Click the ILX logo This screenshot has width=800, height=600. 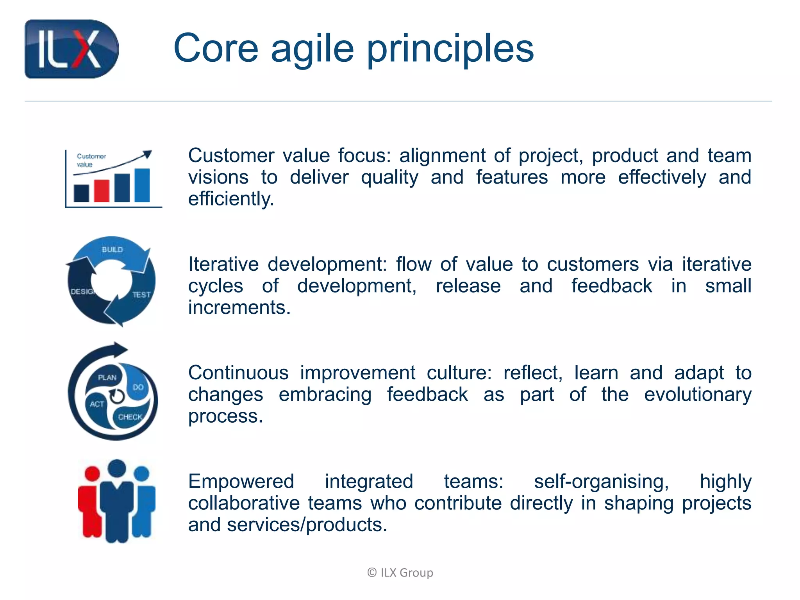click(x=71, y=49)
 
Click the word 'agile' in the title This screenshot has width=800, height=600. click(x=312, y=48)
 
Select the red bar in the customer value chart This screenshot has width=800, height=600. click(x=102, y=191)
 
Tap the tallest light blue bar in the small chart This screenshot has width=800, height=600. click(x=142, y=185)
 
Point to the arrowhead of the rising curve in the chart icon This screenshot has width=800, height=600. click(x=147, y=154)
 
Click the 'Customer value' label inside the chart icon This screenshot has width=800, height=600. click(x=91, y=160)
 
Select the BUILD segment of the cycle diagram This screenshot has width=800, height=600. click(x=112, y=250)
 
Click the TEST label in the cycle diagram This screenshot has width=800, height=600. click(x=141, y=295)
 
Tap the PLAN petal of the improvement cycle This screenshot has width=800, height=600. click(x=107, y=377)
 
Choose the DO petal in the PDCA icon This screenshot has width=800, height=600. click(x=138, y=387)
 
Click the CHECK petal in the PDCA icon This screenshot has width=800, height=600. click(x=130, y=417)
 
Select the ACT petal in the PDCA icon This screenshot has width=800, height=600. click(x=96, y=404)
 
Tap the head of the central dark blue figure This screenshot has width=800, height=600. click(x=117, y=468)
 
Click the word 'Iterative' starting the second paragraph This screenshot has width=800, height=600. click(x=223, y=264)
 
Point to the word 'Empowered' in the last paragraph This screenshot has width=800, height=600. click(x=241, y=481)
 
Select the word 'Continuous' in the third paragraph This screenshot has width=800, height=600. click(x=238, y=373)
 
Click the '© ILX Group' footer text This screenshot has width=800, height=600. click(x=400, y=573)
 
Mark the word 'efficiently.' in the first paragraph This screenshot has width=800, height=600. click(x=231, y=199)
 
